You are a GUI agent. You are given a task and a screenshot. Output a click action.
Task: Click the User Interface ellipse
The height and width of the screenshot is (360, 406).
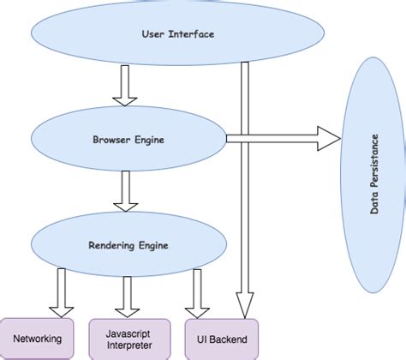tap(176, 34)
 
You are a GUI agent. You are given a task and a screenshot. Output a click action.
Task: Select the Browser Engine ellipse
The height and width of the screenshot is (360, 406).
tap(128, 137)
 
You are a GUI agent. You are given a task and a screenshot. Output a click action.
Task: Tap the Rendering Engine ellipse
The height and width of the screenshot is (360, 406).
tap(128, 245)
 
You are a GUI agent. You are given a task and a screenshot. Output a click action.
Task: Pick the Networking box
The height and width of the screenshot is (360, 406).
tap(37, 338)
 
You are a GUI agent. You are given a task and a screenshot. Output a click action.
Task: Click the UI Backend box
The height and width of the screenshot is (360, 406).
tap(220, 338)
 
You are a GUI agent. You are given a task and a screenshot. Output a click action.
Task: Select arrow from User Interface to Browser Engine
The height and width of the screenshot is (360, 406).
tap(125, 87)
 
